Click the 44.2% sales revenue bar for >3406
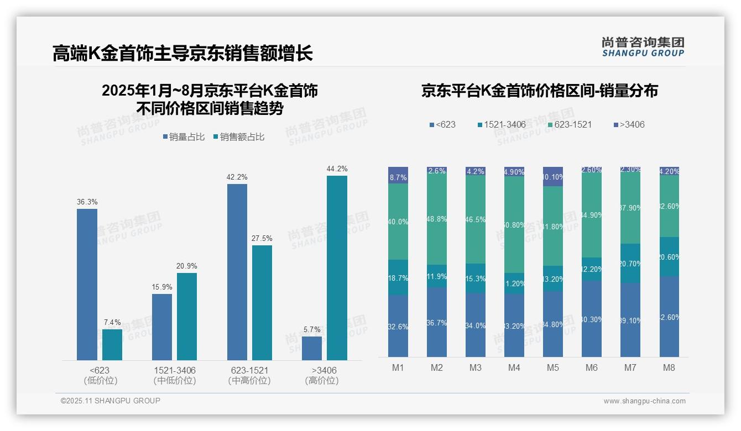pos(337,268)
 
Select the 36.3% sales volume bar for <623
pos(87,285)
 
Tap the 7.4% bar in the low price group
pos(112,345)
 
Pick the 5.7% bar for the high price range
pos(312,348)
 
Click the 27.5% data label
pos(262,238)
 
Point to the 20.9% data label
pos(187,266)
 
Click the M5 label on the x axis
pos(553,367)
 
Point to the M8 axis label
pos(669,367)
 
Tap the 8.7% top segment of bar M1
pos(398,175)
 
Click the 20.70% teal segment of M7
pos(630,264)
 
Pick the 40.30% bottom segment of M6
pos(592,319)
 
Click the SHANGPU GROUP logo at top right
pos(643,47)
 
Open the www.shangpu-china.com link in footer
pos(644,401)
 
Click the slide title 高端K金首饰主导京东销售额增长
pos(182,54)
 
